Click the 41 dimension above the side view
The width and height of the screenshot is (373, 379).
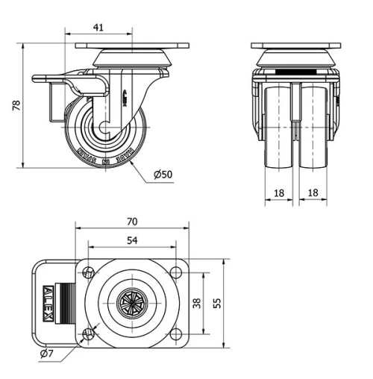coord(98,28)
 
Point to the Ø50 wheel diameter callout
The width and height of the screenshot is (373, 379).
coord(163,175)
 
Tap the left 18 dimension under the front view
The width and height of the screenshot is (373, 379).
coord(278,192)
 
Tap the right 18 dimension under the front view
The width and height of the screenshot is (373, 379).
coord(314,192)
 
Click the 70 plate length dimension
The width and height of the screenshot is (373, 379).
coord(132,222)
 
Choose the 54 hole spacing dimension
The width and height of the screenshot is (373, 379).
coord(131,240)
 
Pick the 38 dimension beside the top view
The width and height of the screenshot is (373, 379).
coord(196,302)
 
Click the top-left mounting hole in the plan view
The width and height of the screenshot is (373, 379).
coord(89,272)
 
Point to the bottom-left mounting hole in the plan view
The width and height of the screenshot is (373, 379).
coord(89,333)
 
